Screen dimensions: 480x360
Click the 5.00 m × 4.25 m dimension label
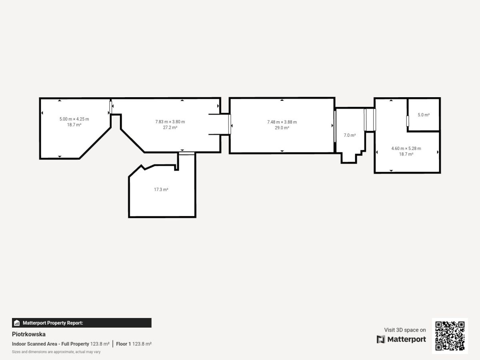click(x=74, y=119)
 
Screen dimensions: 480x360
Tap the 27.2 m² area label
click(x=170, y=128)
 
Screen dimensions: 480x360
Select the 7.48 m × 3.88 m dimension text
click(x=282, y=122)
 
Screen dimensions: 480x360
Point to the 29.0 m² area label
click(x=282, y=128)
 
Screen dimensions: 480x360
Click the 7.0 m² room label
click(x=350, y=135)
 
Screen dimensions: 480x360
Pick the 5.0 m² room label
click(x=424, y=115)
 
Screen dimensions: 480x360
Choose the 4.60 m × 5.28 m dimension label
click(x=406, y=148)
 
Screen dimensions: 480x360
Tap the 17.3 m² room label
click(x=161, y=190)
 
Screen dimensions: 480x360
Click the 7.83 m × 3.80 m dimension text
click(x=170, y=122)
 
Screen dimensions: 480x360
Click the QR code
click(x=450, y=336)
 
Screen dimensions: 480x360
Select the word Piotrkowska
click(x=29, y=334)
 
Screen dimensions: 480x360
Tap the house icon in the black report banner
click(x=17, y=323)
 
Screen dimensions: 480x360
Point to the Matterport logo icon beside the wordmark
click(x=381, y=339)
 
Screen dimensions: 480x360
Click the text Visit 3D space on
click(x=405, y=330)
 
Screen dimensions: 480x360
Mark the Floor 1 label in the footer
click(x=123, y=344)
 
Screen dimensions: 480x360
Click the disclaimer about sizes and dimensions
click(x=56, y=352)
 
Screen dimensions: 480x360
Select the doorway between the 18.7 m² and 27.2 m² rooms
click(x=111, y=107)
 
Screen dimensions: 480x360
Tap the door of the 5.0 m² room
click(x=408, y=121)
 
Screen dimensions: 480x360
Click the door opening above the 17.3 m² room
click(x=186, y=154)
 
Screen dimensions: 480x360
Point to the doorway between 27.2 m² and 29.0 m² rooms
click(x=229, y=124)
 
